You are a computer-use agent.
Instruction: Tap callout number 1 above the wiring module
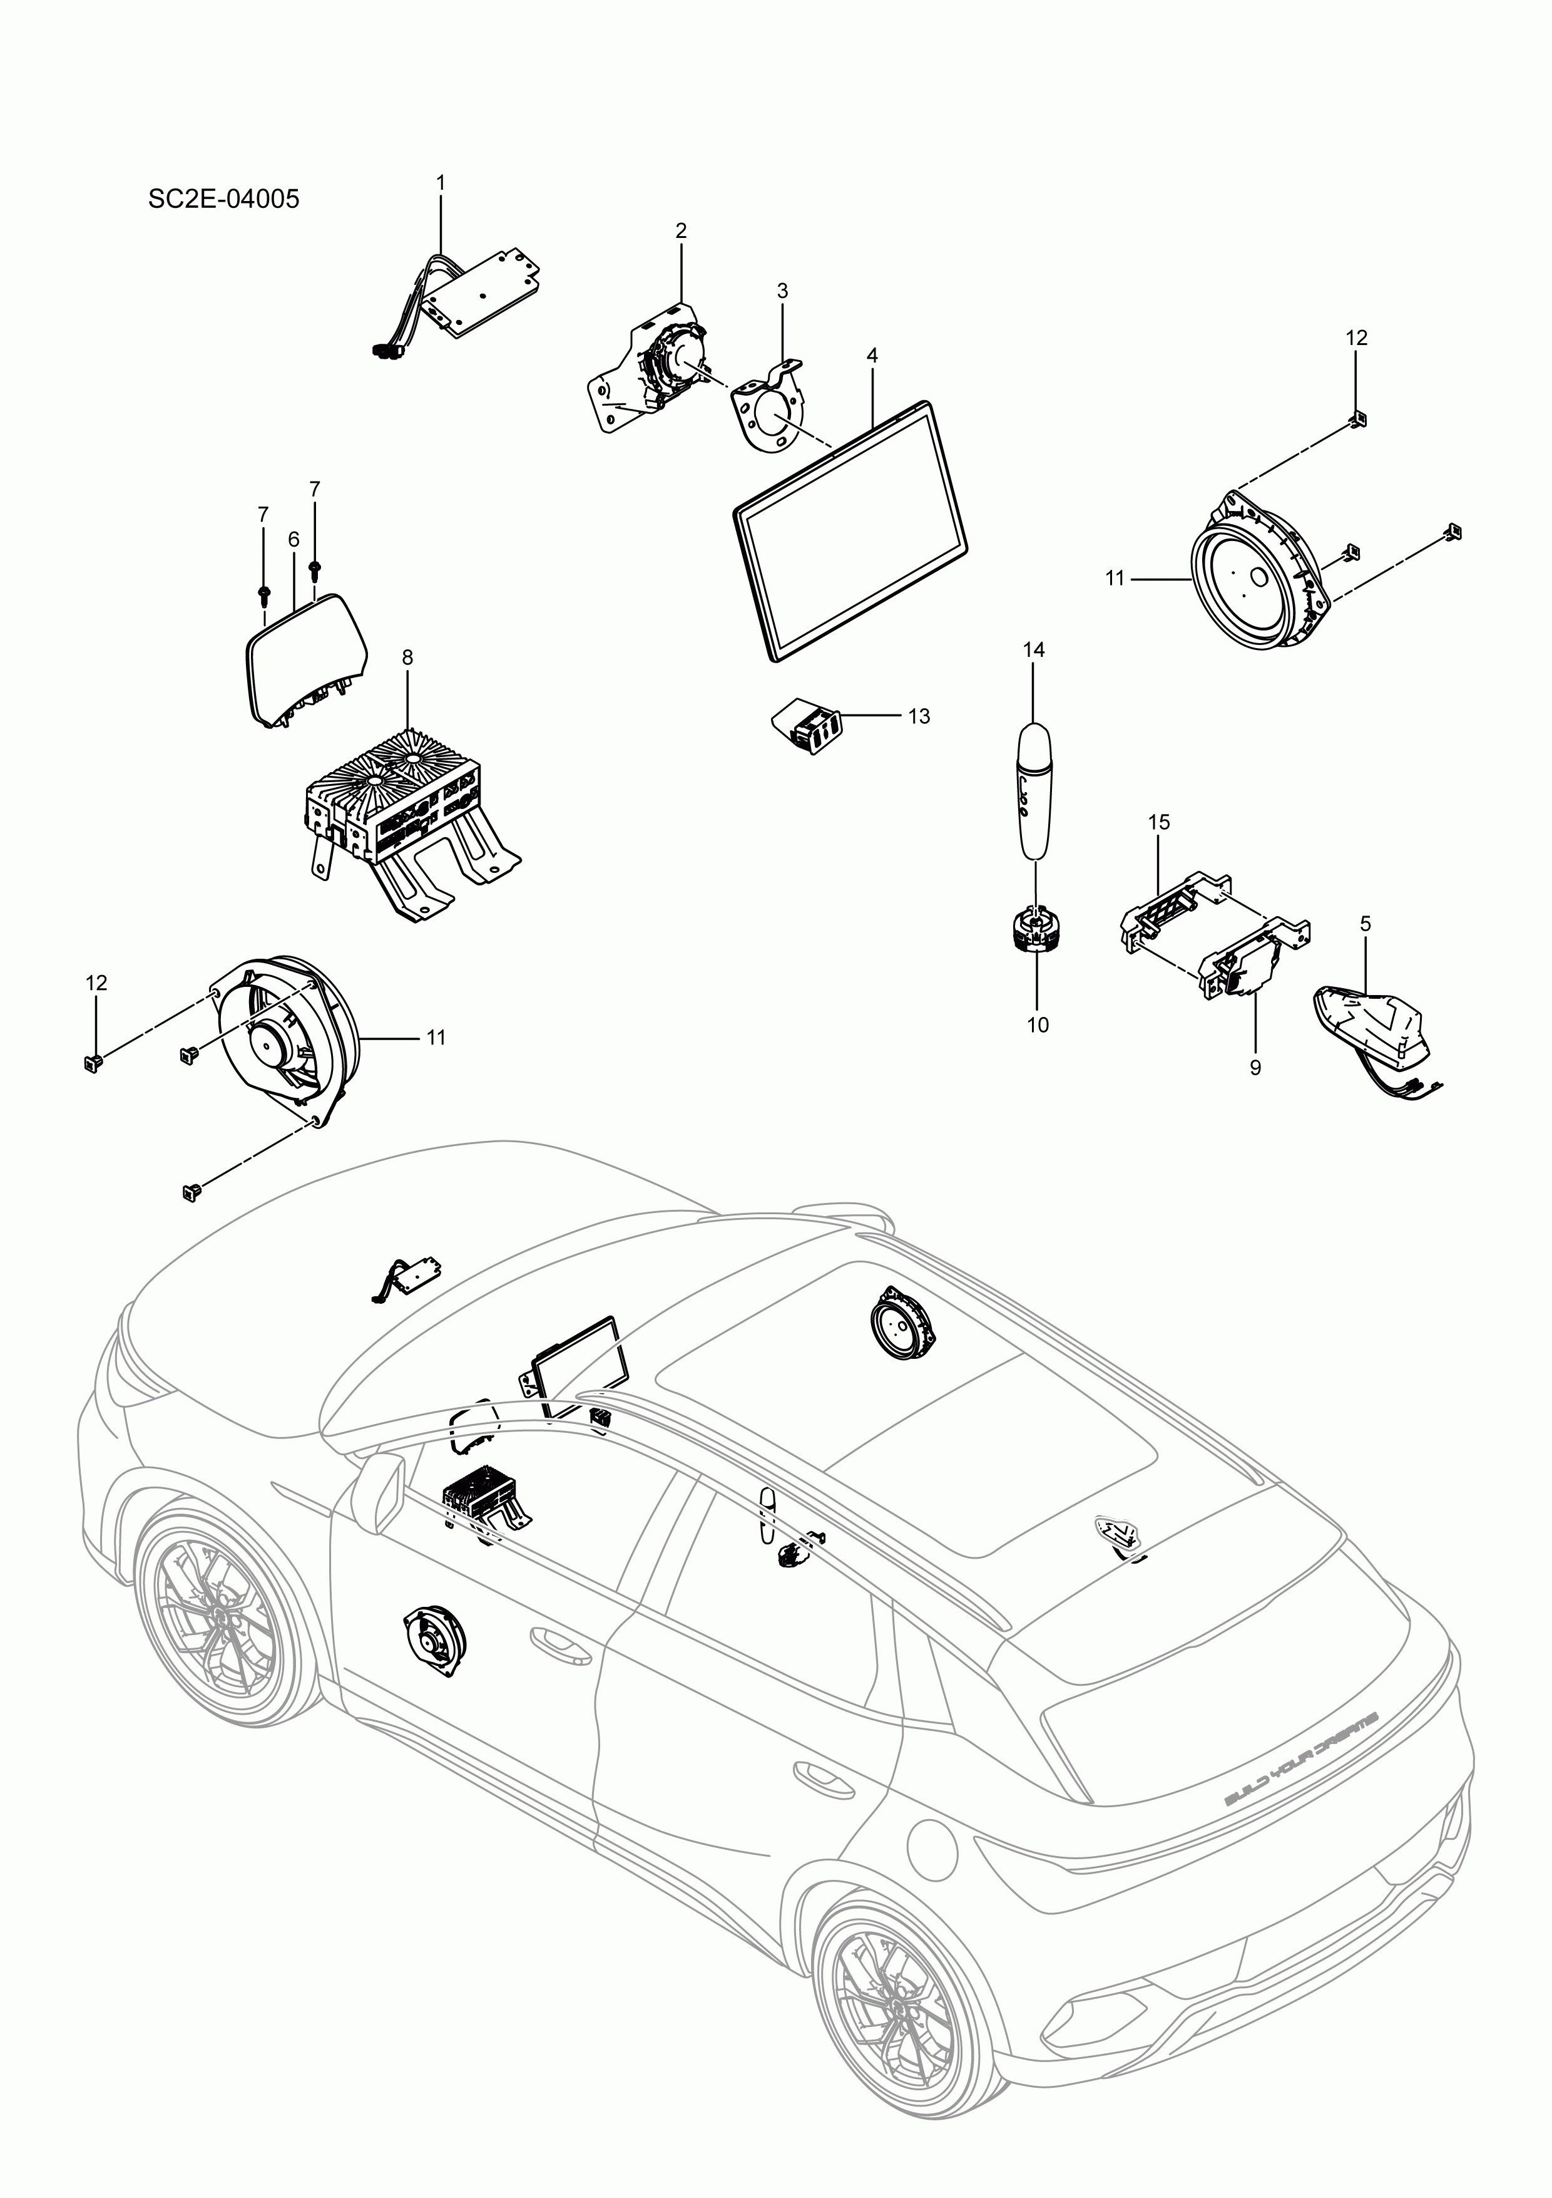441,182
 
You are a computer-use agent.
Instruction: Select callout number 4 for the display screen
872,355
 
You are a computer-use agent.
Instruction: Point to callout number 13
919,717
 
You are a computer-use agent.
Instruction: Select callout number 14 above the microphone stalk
1033,650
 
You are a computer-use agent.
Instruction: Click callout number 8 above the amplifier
407,658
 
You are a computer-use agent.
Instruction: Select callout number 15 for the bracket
1159,822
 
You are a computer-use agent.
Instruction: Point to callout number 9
1255,1068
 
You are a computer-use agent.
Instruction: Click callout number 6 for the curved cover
294,540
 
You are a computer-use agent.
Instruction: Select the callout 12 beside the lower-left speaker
96,983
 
